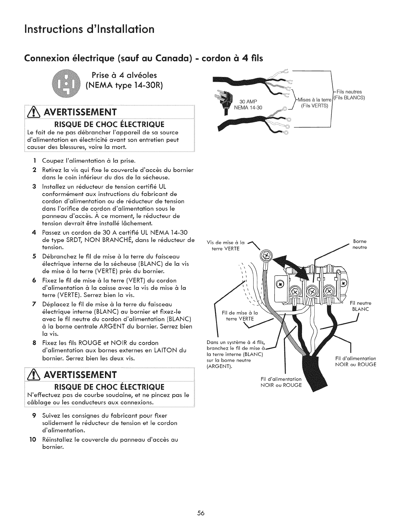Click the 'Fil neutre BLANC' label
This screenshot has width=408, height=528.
[x=361, y=306]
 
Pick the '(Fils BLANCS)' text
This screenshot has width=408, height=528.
[x=350, y=98]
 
